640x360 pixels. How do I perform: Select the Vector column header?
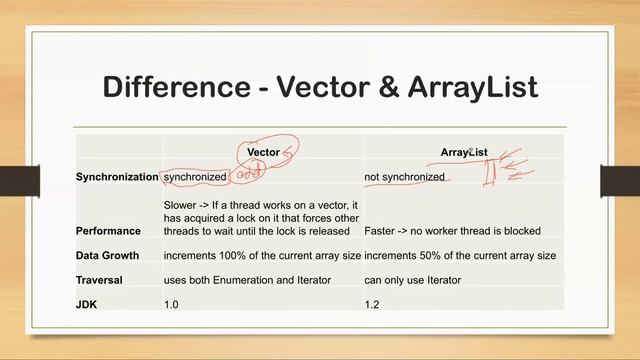point(263,152)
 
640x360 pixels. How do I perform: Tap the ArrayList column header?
point(464,152)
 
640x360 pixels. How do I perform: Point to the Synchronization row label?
point(117,177)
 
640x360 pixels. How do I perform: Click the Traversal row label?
point(101,279)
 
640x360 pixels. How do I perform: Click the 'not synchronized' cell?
point(404,177)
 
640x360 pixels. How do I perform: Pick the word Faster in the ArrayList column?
point(383,230)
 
